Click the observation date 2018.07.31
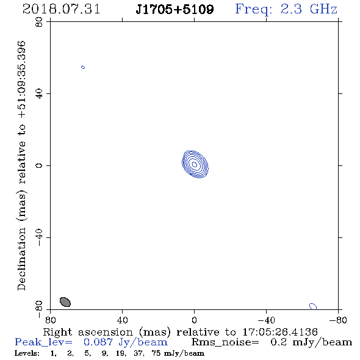61,9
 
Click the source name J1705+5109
175,10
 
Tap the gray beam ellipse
65,301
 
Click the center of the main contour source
195,164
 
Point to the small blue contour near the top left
83,67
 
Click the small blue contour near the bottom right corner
313,306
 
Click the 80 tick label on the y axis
39,22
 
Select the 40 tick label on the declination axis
39,94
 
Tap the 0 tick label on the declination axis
39,165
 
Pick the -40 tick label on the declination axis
39,237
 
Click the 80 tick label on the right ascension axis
50,320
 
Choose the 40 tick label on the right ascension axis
122,320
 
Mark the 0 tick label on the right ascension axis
194,320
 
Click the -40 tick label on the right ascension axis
266,320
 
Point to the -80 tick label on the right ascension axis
338,320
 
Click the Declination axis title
21,165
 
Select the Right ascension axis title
181,332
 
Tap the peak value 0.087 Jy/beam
126,342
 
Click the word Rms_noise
225,342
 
